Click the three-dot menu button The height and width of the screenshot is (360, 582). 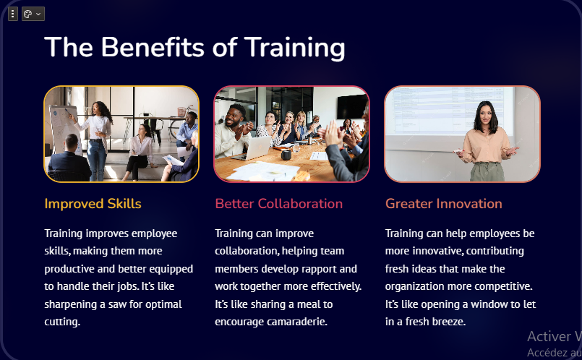(13, 14)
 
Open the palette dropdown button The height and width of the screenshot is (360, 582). (33, 14)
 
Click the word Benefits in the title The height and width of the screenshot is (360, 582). (152, 48)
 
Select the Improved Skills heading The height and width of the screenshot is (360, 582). (93, 204)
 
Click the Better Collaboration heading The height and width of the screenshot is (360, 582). (279, 204)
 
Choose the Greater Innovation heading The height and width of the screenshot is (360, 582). (444, 204)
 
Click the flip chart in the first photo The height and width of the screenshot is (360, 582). (65, 129)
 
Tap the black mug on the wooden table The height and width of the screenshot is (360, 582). (286, 154)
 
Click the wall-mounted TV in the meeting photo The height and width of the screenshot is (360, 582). (352, 106)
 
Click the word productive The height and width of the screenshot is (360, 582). (69, 270)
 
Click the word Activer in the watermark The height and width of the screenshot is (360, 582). (549, 337)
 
